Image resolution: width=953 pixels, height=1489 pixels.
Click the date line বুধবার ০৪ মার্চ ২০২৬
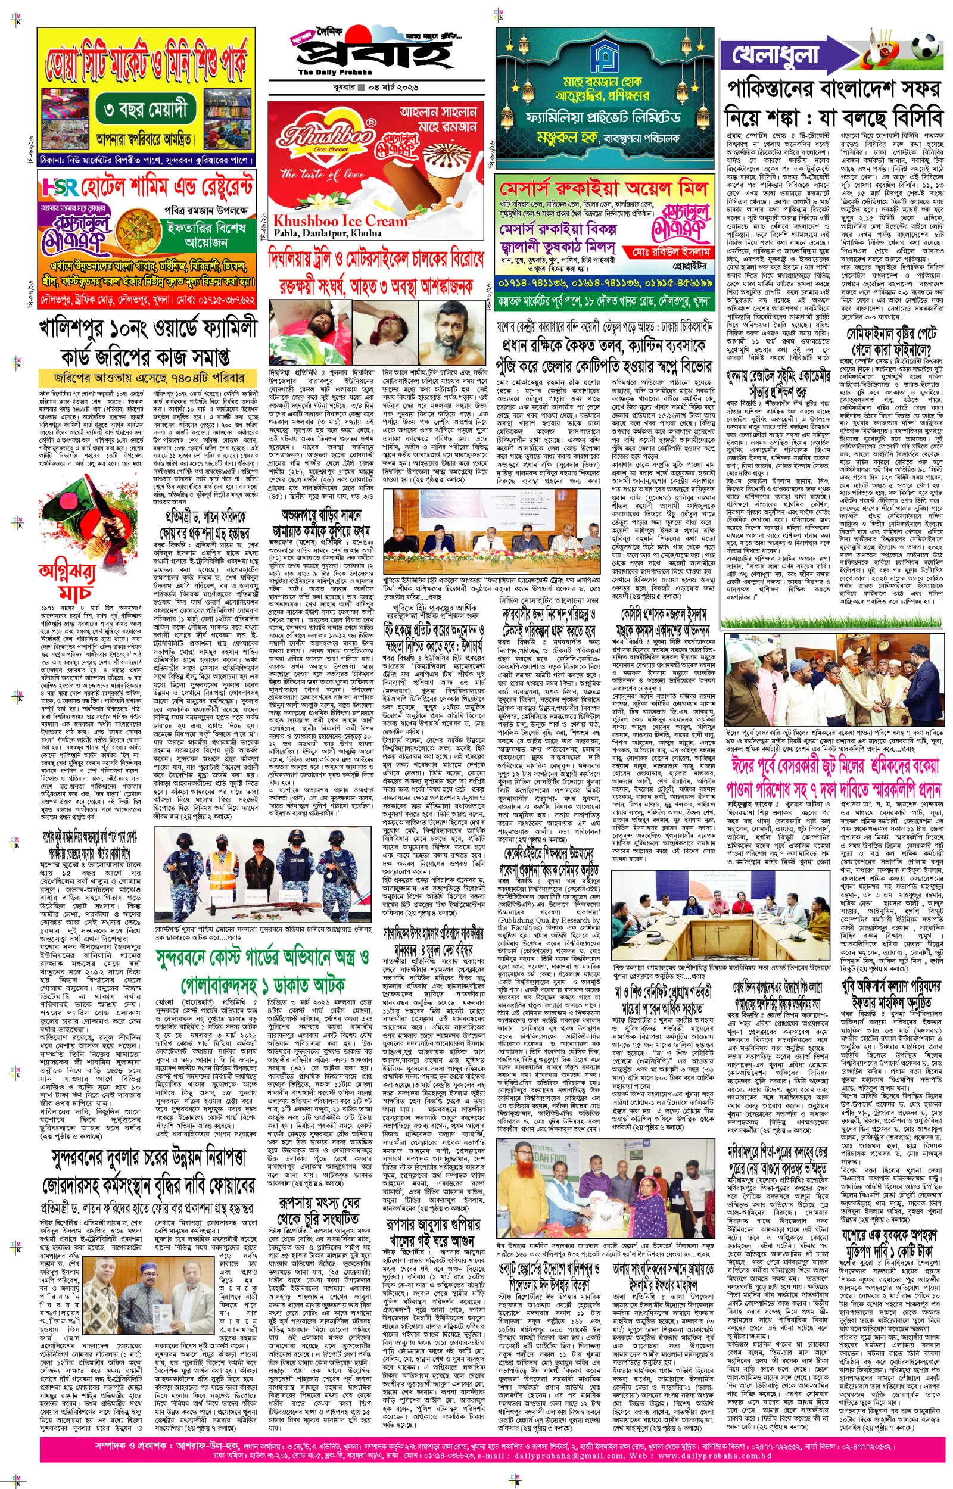[376, 87]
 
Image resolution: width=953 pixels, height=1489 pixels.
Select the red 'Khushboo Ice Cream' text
[340, 221]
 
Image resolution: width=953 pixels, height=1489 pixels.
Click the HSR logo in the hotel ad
[60, 187]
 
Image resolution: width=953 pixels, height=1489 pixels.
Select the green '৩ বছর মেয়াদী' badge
[146, 110]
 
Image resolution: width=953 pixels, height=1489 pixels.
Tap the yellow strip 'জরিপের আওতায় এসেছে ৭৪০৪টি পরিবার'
[148, 378]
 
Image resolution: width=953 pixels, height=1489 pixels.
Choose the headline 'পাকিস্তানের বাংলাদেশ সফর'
[833, 89]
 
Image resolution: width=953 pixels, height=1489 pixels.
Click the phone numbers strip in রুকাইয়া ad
[605, 284]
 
